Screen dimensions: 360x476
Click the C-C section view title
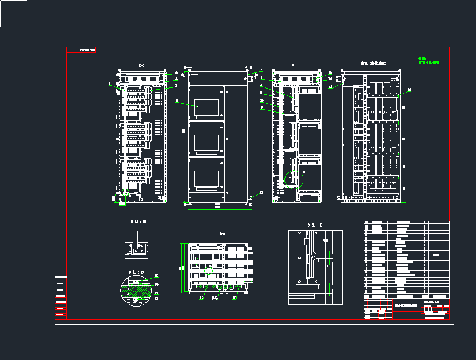click(x=141, y=66)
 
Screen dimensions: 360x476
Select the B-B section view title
click(x=295, y=66)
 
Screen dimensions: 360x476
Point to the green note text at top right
click(x=428, y=60)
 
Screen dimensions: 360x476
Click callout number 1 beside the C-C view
click(x=110, y=84)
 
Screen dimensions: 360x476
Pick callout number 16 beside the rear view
click(x=409, y=89)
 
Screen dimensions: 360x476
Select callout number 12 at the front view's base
click(x=261, y=192)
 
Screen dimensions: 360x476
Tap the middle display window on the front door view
click(x=206, y=143)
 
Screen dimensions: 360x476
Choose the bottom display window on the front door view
click(x=206, y=178)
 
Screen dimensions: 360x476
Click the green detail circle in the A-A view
click(x=209, y=271)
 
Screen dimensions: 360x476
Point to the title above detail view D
click(x=315, y=225)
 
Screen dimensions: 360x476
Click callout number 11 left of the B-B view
click(x=262, y=108)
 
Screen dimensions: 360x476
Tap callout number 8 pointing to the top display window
click(x=176, y=101)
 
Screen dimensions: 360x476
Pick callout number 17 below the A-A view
click(x=234, y=298)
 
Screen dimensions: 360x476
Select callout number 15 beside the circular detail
click(x=156, y=276)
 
